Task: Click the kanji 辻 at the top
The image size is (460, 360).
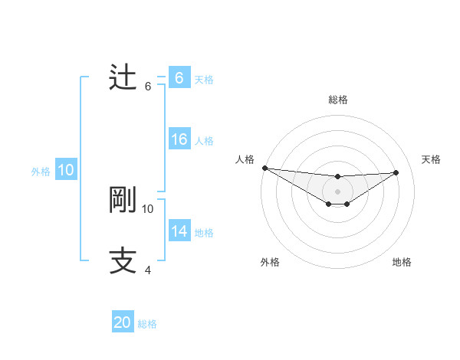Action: [x=123, y=77]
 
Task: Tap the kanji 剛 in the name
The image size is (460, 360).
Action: [x=123, y=200]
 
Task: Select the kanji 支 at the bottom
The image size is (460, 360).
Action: [x=123, y=260]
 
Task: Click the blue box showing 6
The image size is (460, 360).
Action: [x=179, y=77]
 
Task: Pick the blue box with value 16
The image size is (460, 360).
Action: [x=179, y=139]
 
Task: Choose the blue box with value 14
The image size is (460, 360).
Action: [x=179, y=231]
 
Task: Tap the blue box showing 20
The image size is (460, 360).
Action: [x=123, y=322]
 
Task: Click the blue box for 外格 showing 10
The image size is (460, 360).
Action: [x=66, y=170]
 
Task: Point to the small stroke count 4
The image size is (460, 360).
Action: [x=148, y=270]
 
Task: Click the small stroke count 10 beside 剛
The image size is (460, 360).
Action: [x=148, y=208]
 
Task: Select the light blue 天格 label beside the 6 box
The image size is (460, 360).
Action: [x=204, y=79]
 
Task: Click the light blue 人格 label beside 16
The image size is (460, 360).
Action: [x=204, y=141]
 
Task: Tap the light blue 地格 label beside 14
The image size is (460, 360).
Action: [x=204, y=233]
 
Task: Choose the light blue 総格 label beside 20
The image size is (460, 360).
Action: [x=147, y=324]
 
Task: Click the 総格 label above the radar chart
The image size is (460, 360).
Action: [x=338, y=100]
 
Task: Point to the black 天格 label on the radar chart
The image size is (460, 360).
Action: [x=431, y=159]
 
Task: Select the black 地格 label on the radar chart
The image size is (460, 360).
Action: [x=402, y=262]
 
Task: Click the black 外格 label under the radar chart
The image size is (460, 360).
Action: [x=270, y=262]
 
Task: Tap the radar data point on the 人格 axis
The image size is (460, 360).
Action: [x=264, y=168]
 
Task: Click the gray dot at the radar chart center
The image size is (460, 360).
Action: [x=338, y=191]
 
